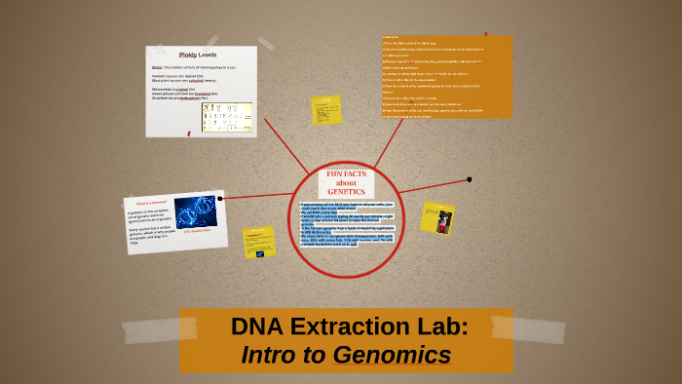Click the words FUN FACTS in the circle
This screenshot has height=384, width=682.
[x=346, y=174]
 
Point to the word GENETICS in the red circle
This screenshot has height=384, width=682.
[x=346, y=191]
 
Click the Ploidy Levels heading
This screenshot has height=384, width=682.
[x=199, y=56]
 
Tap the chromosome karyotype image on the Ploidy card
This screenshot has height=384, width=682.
[x=226, y=117]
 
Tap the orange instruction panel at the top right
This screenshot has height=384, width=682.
[x=445, y=76]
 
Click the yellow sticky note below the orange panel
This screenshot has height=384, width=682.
[x=325, y=110]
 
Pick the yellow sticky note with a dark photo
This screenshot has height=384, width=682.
[x=437, y=217]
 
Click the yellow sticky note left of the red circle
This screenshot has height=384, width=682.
[x=259, y=241]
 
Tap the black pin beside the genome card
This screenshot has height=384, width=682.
[x=220, y=198]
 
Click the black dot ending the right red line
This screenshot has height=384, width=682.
[x=470, y=179]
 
